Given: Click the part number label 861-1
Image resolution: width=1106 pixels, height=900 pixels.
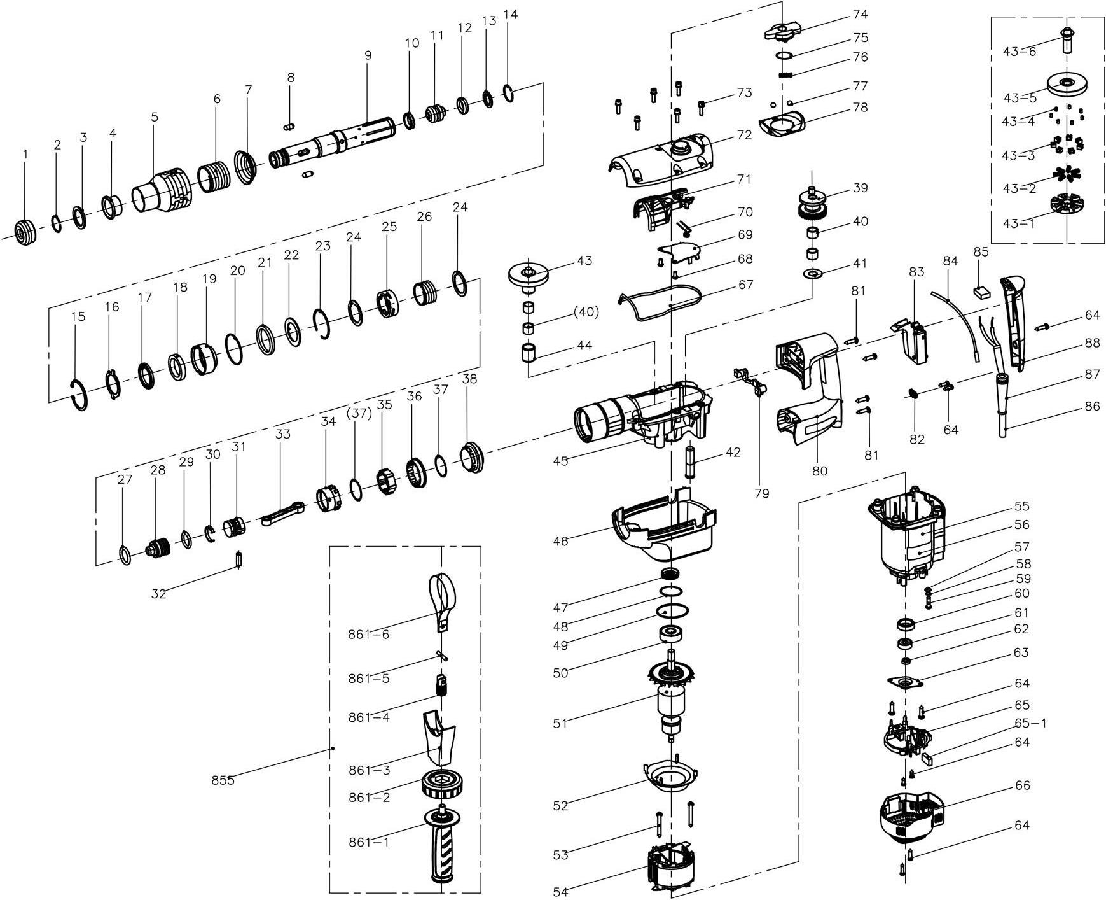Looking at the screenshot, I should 368,841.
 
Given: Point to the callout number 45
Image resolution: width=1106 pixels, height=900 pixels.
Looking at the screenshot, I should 560,461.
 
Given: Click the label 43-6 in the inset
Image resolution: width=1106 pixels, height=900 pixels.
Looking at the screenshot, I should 1020,52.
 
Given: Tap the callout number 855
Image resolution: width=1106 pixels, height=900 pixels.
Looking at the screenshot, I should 223,780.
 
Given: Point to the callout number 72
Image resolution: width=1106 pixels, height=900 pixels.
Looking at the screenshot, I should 744,135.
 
